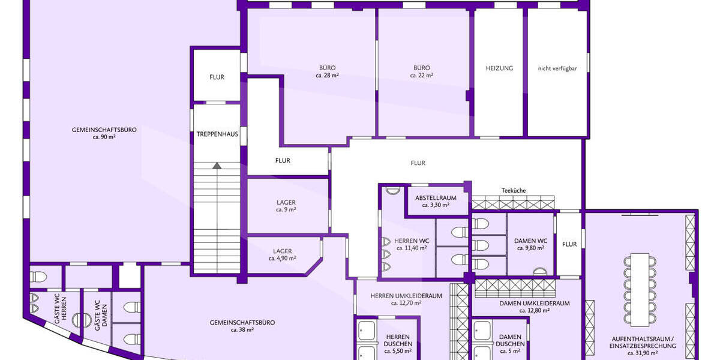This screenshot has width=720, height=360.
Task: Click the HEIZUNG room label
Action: (x=499, y=68)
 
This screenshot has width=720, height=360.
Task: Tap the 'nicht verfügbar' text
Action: (x=557, y=68)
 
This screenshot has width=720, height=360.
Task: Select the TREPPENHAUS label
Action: (x=217, y=134)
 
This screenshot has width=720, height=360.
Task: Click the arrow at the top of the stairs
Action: (x=217, y=166)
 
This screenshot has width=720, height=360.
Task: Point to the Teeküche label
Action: (x=514, y=191)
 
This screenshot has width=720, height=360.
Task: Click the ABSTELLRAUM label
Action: (x=436, y=198)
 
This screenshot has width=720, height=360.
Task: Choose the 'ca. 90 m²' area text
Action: (x=104, y=137)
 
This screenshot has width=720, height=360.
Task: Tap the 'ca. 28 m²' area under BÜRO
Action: (x=327, y=76)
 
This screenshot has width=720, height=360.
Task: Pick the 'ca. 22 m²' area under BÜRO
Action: (x=422, y=76)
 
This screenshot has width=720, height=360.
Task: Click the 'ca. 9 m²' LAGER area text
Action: (x=286, y=210)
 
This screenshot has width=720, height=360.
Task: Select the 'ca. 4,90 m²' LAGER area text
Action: (x=282, y=259)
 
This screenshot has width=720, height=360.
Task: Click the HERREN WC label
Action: (x=412, y=241)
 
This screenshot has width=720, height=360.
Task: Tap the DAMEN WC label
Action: (x=530, y=241)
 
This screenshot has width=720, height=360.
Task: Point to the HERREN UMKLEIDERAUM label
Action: (x=406, y=296)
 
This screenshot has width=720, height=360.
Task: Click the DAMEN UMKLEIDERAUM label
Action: (x=535, y=304)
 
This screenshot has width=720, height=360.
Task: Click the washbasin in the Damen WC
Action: (x=540, y=272)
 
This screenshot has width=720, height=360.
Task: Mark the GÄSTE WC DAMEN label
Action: (x=101, y=313)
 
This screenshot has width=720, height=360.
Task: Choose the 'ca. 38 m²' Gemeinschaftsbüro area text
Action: (x=242, y=330)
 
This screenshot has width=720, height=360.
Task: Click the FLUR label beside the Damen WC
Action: (x=569, y=244)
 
